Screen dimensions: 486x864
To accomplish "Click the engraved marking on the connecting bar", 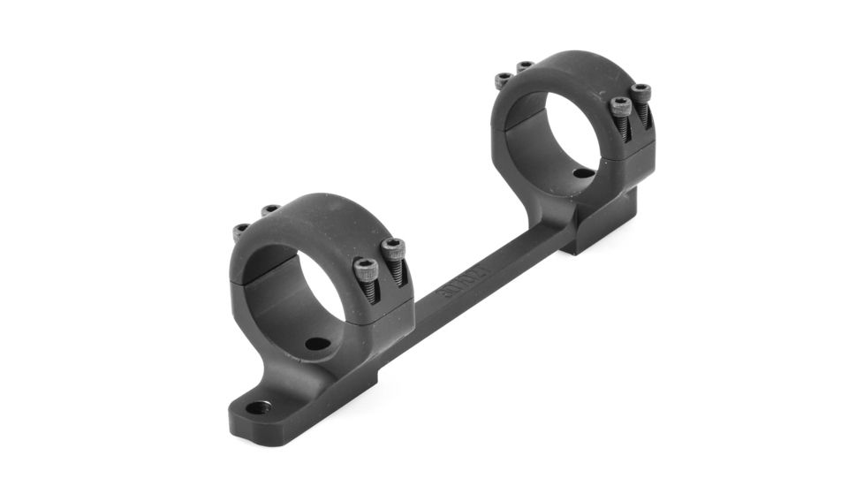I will coord(466,284).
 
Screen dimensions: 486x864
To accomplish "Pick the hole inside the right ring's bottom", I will coord(583,173).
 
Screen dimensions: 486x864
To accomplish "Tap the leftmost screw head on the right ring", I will coord(503,80).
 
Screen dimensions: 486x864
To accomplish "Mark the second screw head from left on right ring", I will coord(525,67).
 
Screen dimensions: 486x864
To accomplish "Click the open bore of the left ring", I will coord(305,283).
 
